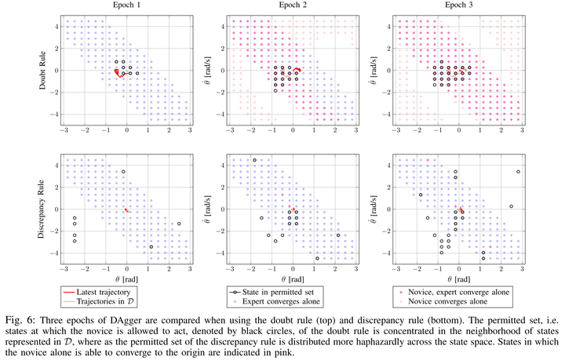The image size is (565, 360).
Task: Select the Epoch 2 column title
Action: click(x=293, y=5)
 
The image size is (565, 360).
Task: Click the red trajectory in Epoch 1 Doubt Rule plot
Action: click(x=118, y=73)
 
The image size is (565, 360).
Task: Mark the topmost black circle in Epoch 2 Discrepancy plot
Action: click(x=254, y=161)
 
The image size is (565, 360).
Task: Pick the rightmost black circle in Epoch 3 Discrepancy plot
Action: click(x=518, y=171)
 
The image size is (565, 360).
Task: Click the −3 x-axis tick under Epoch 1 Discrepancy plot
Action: click(x=62, y=267)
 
